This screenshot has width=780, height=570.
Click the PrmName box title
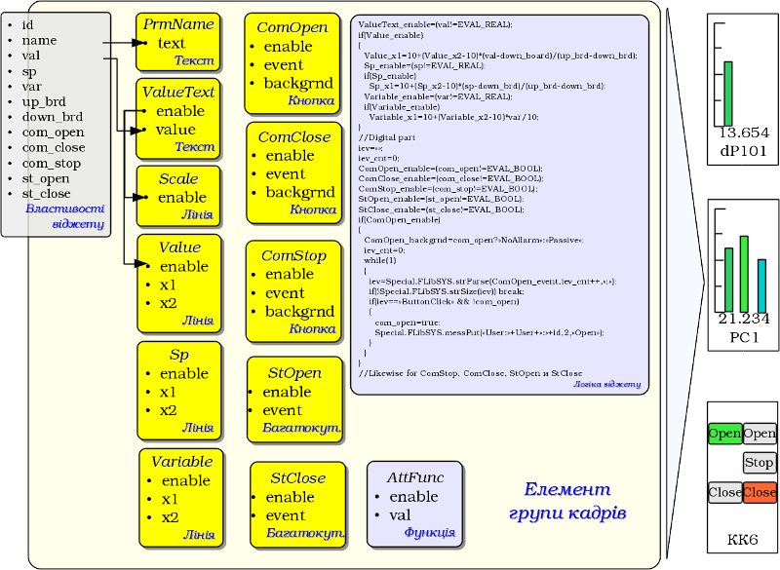[x=178, y=24]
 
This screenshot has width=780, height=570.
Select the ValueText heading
[x=178, y=92]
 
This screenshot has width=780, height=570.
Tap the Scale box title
[x=177, y=179]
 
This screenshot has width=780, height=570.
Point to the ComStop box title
[x=293, y=256]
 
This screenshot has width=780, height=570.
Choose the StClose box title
[x=297, y=478]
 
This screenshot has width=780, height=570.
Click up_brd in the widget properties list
[x=44, y=101]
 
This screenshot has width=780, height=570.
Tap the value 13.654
[x=744, y=133]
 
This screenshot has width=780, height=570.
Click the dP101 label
[x=744, y=150]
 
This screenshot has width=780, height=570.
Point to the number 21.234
[x=744, y=318]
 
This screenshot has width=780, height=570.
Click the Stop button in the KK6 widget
[x=760, y=462]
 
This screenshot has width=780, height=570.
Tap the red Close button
[x=760, y=492]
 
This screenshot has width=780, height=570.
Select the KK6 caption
[x=743, y=539]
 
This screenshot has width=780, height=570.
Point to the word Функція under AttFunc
[x=429, y=533]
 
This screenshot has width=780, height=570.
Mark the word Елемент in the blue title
[x=567, y=490]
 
